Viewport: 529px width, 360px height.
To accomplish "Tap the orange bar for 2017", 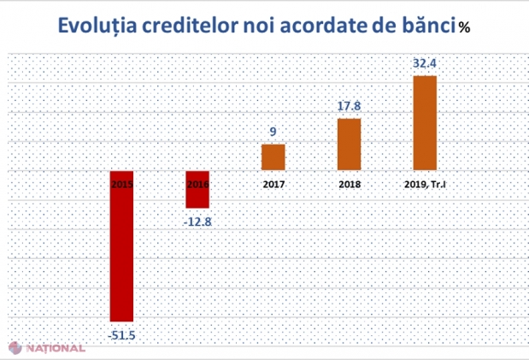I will [x=273, y=157].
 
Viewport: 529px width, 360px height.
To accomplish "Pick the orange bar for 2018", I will [x=349, y=145].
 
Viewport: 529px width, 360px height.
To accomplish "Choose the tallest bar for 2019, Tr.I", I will [x=425, y=123].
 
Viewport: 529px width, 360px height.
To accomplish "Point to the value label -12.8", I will [x=198, y=220].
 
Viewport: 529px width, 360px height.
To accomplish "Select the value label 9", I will [x=273, y=132].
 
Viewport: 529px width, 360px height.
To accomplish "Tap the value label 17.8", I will [x=349, y=106].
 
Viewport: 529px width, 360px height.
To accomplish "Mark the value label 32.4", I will [x=425, y=63].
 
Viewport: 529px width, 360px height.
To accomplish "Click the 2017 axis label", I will [x=273, y=184].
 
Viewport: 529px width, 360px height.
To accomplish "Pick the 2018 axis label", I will [x=349, y=184].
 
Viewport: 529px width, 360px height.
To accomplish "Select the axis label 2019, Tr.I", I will [x=425, y=184].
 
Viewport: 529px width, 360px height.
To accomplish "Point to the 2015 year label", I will [x=122, y=184].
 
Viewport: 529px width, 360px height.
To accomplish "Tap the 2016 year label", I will [x=197, y=184].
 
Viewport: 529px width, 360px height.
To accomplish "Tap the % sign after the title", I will [x=464, y=27].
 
